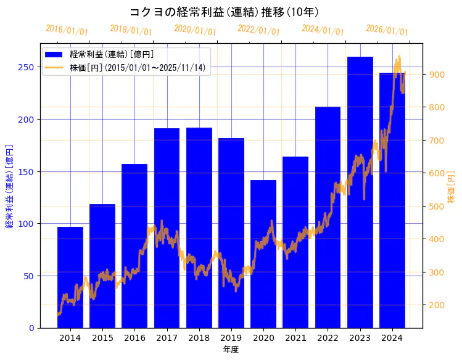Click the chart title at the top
tap(224, 12)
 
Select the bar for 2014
tap(70, 277)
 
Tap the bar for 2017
tap(167, 228)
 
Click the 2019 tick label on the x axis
tap(231, 338)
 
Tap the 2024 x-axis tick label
tap(392, 338)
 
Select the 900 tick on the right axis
tap(437, 75)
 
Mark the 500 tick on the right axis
tap(437, 207)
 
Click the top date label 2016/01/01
tap(67, 30)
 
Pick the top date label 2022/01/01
tap(258, 30)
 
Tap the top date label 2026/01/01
tap(387, 30)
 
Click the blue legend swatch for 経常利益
tap(54, 55)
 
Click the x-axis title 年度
tap(231, 350)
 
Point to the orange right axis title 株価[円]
tap(451, 188)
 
